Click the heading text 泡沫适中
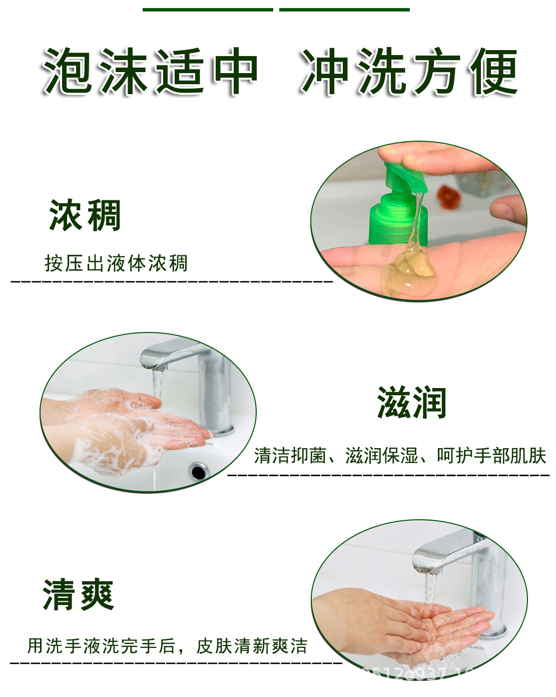(150, 72)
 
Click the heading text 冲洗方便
(409, 72)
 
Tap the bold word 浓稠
(85, 215)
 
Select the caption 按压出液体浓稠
(116, 263)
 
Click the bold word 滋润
(411, 403)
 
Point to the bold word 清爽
(79, 595)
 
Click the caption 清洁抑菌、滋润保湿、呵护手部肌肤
(400, 456)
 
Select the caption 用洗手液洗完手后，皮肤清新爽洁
(167, 646)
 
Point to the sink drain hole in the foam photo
(199, 471)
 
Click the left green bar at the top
(208, 9)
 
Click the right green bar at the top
(344, 9)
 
